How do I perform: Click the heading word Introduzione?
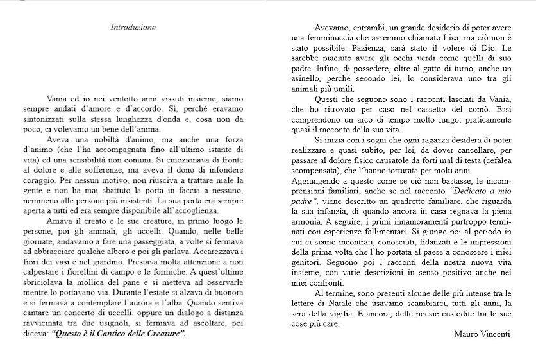click(x=133, y=28)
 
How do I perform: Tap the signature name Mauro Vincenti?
click(x=481, y=334)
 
